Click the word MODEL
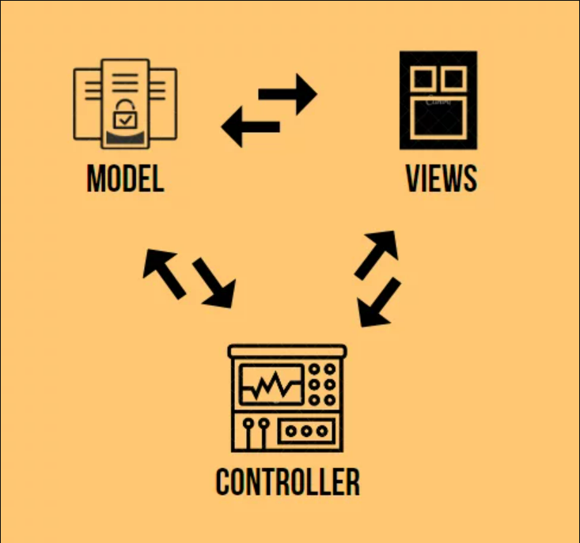[x=125, y=179]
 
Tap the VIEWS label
[x=441, y=179]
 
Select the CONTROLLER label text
[x=287, y=481]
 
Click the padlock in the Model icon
[x=125, y=115]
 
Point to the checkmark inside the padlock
[x=125, y=120]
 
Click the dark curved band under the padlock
[x=125, y=139]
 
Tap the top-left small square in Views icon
[x=423, y=78]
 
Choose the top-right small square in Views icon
[x=453, y=78]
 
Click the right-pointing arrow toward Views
[x=288, y=93]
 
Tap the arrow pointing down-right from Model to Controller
[x=214, y=284]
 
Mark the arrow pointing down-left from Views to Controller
[x=378, y=303]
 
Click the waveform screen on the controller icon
[x=272, y=385]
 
